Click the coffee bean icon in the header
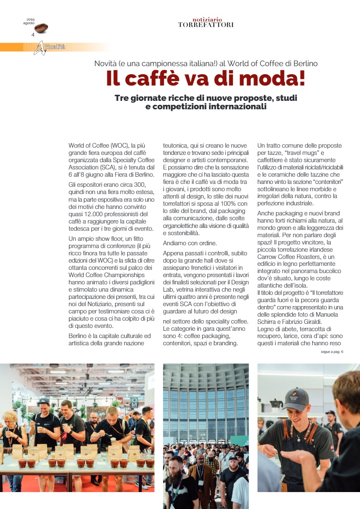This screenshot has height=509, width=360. (x=41, y=28)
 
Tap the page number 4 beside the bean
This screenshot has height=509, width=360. (x=33, y=35)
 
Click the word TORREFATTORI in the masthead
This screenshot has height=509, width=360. (x=206, y=25)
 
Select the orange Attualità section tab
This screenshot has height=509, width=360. (x=54, y=47)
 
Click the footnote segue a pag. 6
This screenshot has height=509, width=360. (x=330, y=352)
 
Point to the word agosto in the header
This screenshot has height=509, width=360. (x=29, y=23)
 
